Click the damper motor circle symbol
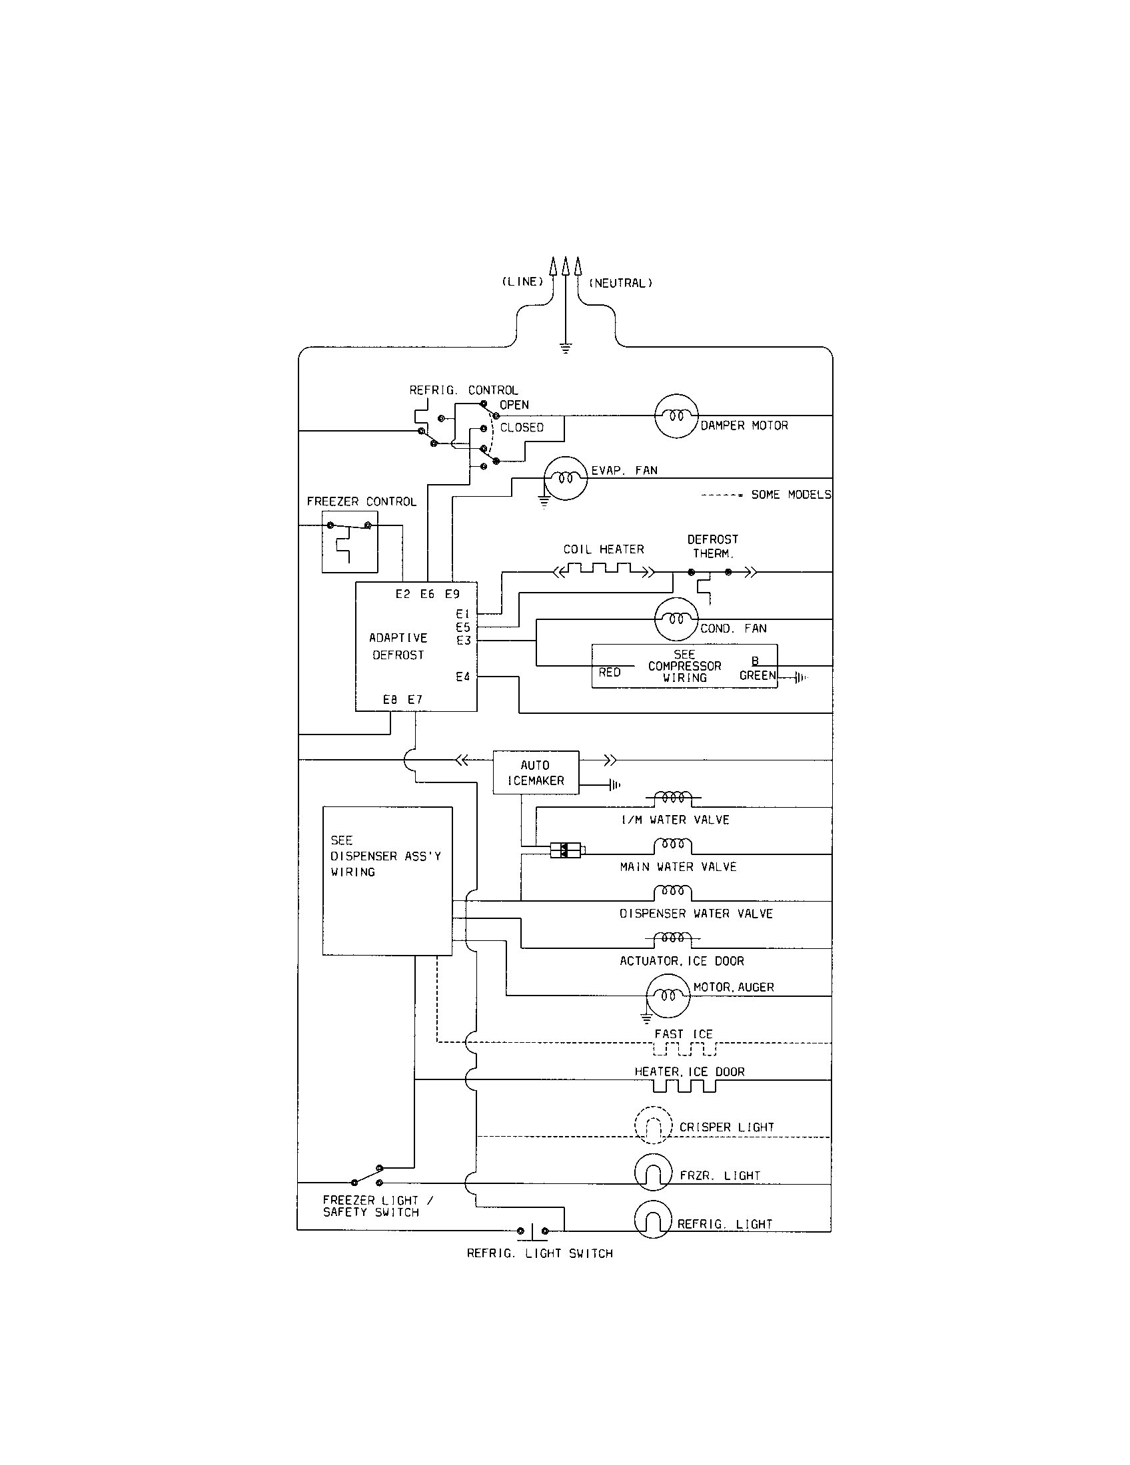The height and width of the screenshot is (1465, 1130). (x=676, y=416)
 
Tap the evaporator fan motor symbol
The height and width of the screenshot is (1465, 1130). (x=565, y=478)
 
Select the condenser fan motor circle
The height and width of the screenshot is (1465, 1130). (x=676, y=619)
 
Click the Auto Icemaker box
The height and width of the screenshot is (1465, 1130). (x=536, y=772)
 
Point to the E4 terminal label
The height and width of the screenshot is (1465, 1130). (x=463, y=677)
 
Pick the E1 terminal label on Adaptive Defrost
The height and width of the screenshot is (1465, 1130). (x=463, y=614)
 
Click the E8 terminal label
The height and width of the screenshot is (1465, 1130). (x=390, y=700)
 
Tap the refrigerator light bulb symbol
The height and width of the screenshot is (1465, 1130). (x=652, y=1219)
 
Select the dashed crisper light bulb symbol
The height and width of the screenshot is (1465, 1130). (x=653, y=1125)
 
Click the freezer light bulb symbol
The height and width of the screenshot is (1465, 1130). (x=652, y=1172)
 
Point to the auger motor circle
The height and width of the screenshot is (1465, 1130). (x=668, y=996)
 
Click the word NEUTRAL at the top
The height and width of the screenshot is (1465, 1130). (x=621, y=283)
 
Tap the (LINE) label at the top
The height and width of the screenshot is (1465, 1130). (x=523, y=282)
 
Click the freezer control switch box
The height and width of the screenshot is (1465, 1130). (x=350, y=542)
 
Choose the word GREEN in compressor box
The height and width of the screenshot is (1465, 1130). (x=757, y=675)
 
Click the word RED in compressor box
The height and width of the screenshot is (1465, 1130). (x=609, y=672)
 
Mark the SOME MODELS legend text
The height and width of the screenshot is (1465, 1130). (x=790, y=494)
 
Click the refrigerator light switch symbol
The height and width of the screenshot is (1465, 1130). (x=533, y=1231)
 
